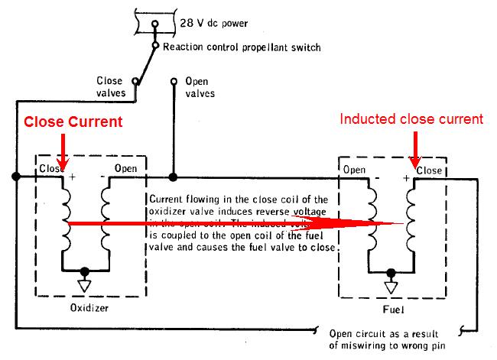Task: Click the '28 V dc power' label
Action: click(x=213, y=23)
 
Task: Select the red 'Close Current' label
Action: click(x=73, y=122)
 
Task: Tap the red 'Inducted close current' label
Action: click(x=411, y=118)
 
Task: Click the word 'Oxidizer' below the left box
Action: click(x=89, y=310)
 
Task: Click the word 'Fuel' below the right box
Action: click(x=391, y=312)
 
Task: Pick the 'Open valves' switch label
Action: click(x=200, y=86)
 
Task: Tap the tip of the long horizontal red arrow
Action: click(x=401, y=223)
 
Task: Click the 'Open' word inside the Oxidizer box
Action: click(x=126, y=168)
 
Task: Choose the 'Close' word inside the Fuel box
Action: click(x=430, y=170)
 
